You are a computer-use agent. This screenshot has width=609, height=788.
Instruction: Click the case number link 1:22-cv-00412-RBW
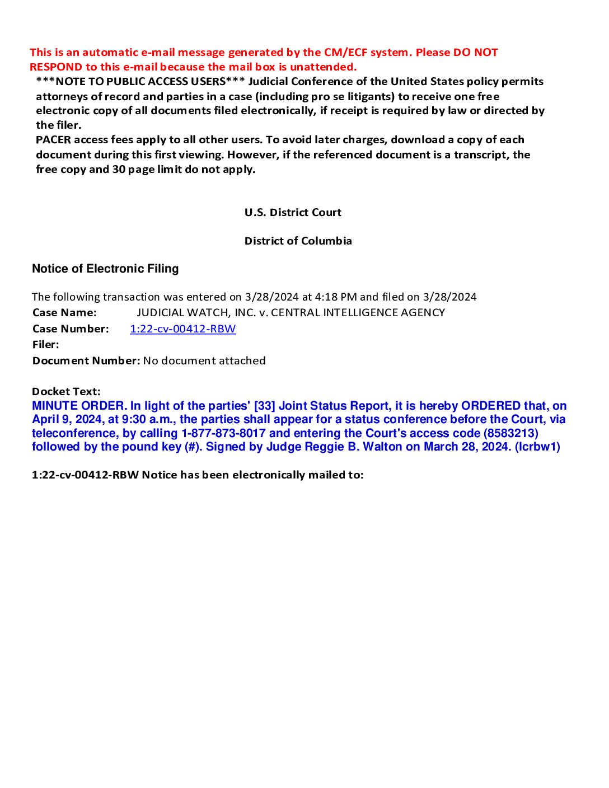[182, 329]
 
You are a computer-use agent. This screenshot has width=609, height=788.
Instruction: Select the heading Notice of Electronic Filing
[105, 269]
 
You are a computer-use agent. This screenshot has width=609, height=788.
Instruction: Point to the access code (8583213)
[510, 433]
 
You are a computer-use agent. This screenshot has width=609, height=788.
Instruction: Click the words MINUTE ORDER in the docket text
[79, 406]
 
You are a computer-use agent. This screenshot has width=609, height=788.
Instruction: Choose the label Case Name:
[64, 313]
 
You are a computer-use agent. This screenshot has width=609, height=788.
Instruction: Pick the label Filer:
[45, 345]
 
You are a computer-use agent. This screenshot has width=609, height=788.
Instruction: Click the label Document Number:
[86, 361]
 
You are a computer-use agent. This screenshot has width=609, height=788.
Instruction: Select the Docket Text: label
[66, 392]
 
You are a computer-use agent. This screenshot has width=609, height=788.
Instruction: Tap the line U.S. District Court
[293, 213]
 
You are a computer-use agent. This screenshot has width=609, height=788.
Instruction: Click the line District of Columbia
[298, 241]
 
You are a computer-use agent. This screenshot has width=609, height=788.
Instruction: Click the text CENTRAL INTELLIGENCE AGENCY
[358, 313]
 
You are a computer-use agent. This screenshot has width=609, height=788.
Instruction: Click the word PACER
[54, 140]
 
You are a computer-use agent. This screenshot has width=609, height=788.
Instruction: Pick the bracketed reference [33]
[264, 406]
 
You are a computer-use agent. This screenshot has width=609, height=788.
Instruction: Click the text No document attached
[204, 361]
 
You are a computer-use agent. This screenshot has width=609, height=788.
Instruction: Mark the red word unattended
[323, 67]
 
